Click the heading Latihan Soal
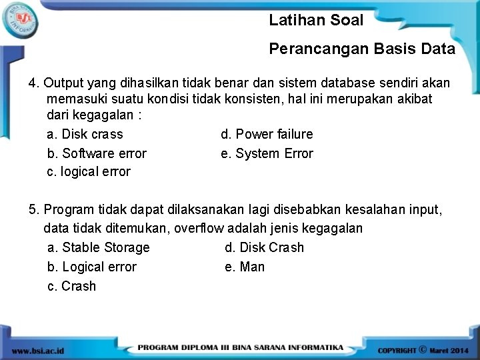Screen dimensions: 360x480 (316, 21)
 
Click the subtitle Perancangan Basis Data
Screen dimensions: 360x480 (362, 49)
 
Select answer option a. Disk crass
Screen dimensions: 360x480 (85, 134)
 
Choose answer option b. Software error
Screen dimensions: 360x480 (97, 153)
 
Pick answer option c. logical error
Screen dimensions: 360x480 (89, 172)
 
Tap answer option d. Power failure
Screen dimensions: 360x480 (267, 134)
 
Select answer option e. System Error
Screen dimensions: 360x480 (267, 153)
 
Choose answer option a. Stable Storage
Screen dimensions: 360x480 (99, 247)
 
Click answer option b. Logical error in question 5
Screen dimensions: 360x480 (92, 267)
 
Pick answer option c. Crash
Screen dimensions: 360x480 (72, 286)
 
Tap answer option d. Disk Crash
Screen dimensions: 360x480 (264, 247)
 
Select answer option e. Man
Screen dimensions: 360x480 (245, 267)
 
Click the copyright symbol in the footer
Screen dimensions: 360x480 (423, 349)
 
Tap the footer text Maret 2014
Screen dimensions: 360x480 (448, 350)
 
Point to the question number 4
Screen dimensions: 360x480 (33, 83)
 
